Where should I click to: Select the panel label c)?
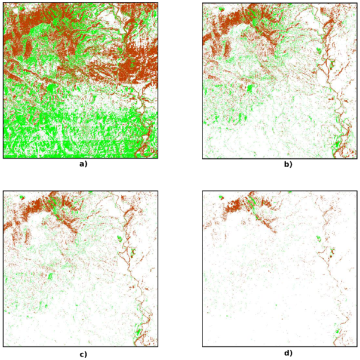(82, 353)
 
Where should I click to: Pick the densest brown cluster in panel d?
(235, 206)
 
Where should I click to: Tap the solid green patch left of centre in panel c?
(50, 276)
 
